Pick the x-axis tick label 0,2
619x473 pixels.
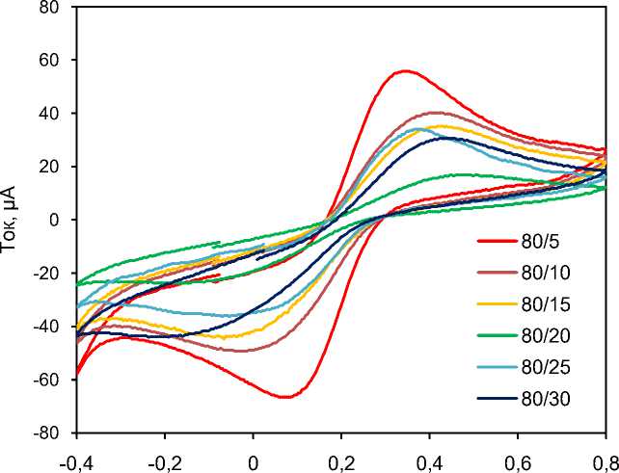[340, 459]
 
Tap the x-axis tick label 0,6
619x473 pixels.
[517, 459]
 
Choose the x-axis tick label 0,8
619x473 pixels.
[605, 459]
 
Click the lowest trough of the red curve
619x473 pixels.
[286, 397]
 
